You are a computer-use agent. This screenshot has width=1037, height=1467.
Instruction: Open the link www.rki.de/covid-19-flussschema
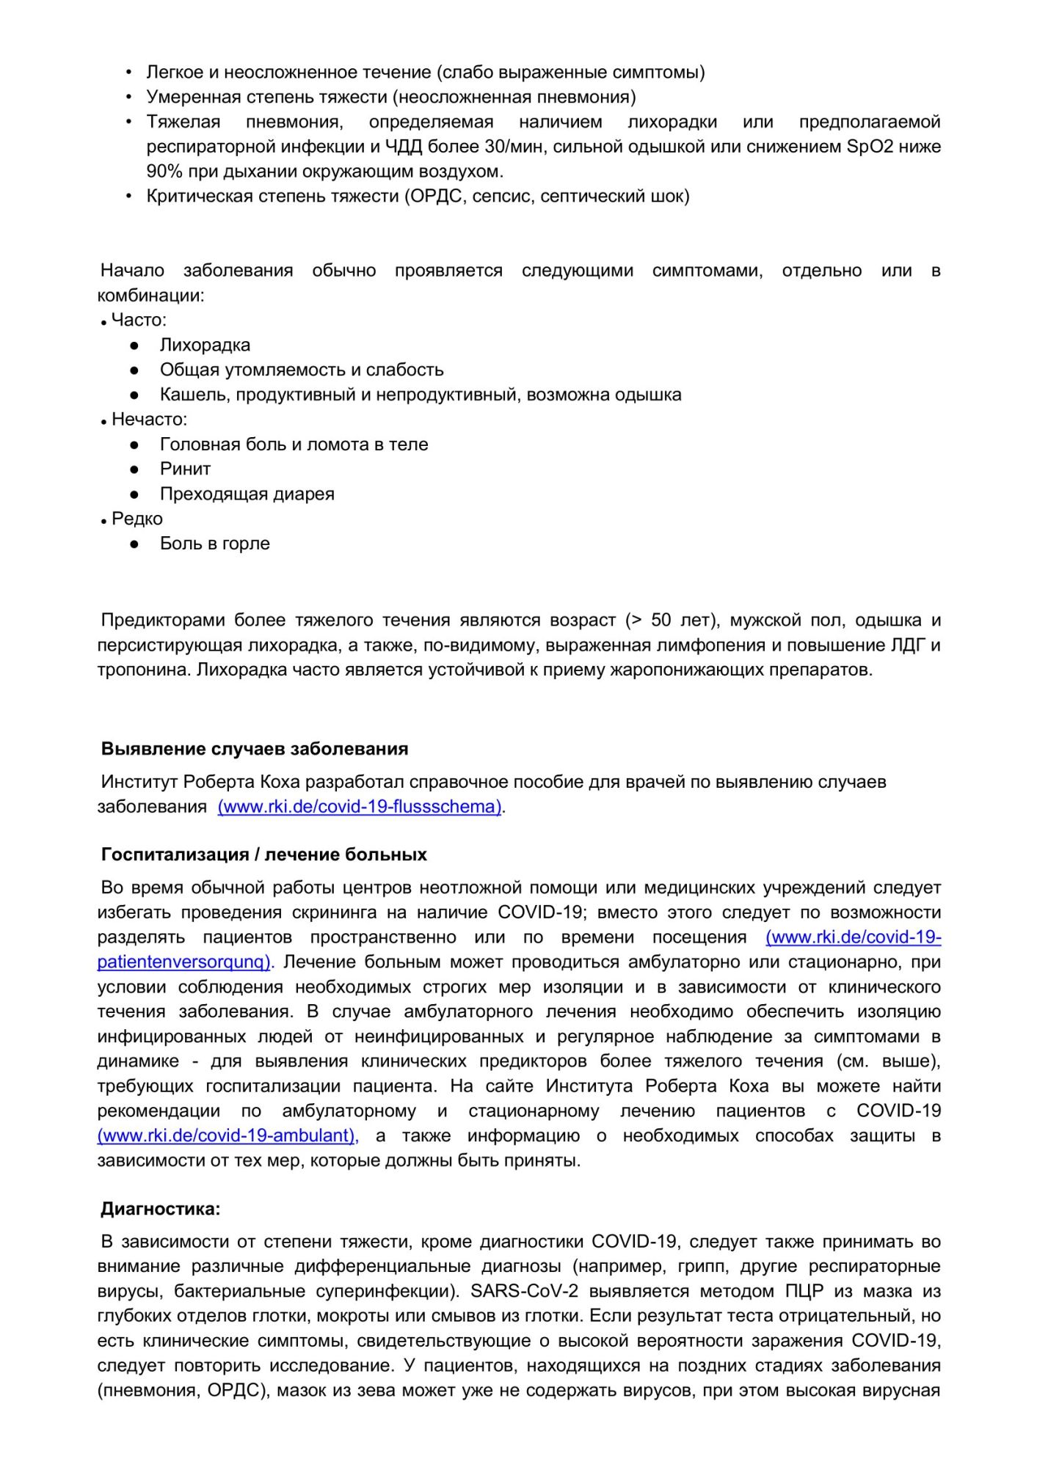tap(360, 806)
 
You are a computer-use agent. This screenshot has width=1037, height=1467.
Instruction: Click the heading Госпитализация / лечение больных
tap(264, 855)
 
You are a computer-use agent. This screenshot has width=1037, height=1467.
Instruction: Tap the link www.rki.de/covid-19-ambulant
tap(228, 1135)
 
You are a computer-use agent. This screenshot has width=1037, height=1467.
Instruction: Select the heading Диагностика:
tap(161, 1209)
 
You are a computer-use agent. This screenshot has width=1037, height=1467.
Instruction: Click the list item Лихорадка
tap(205, 345)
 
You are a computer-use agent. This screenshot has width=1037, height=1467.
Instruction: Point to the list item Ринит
tap(185, 469)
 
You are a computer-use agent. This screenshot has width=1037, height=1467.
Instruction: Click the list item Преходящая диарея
tap(247, 494)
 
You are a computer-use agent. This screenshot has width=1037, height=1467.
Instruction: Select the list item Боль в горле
tap(214, 544)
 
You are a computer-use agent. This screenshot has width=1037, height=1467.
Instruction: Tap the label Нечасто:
tap(149, 420)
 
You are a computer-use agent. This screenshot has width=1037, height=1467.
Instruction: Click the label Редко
tap(137, 519)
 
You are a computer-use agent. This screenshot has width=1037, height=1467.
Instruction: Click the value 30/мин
tap(514, 147)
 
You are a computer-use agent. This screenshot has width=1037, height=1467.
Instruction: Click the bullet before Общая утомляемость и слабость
tap(134, 370)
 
